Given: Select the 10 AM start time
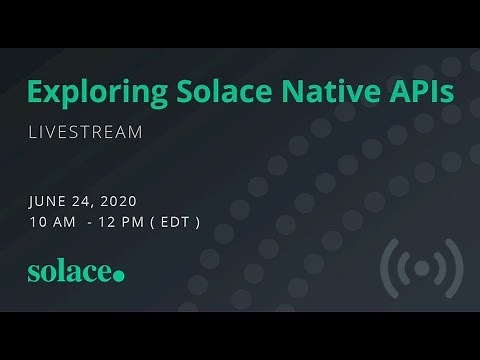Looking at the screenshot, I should coord(52,221).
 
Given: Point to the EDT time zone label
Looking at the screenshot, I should coord(175,221).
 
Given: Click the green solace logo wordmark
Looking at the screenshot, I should coord(69,272).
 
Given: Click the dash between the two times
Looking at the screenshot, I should coord(90,221).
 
